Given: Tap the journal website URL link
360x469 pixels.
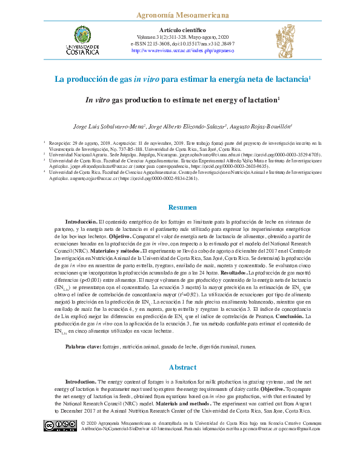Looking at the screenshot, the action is click(182, 51).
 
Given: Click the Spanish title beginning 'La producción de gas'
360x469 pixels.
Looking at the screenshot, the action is click(182, 79).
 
